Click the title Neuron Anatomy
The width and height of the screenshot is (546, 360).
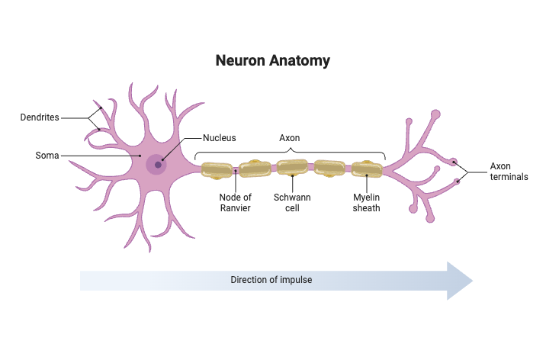coord(272,60)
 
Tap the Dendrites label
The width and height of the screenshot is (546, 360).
coord(40,117)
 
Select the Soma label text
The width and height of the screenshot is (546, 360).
coord(47,156)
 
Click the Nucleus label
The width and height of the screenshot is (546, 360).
coord(219,138)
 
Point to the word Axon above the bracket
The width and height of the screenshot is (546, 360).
coord(290,138)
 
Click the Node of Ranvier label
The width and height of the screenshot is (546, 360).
coord(235,203)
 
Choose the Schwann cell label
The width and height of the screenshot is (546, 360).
coord(292,203)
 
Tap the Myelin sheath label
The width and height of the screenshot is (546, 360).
coord(366,203)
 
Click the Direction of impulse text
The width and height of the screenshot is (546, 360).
coord(271,280)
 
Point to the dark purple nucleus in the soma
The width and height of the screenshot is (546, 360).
coord(158,164)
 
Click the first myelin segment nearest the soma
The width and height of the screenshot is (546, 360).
coord(217,170)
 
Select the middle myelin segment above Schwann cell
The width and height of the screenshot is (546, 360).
coord(292,169)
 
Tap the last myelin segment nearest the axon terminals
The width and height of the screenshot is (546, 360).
coord(367,170)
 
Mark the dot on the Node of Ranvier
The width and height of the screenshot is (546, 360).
coord(236,171)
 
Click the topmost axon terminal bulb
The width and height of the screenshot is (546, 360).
coord(436,115)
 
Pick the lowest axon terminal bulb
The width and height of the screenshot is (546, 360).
coord(430,219)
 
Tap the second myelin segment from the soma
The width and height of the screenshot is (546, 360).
coord(254,169)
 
